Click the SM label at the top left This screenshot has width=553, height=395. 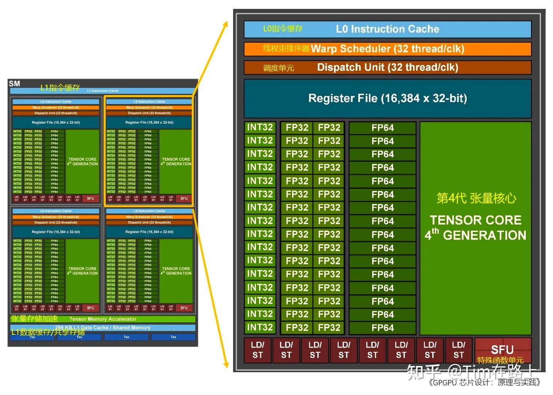click(14, 83)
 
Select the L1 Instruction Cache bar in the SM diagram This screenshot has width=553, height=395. click(103, 91)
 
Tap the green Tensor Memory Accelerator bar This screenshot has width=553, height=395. click(103, 319)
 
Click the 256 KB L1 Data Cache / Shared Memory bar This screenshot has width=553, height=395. click(103, 328)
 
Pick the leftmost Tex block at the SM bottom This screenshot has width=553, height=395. click(32, 337)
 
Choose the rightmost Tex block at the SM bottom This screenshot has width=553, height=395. click(173, 337)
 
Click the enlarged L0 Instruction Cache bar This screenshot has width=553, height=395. click(387, 29)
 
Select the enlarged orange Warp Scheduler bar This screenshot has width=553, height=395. click(387, 49)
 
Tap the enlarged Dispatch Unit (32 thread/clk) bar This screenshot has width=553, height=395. click(387, 68)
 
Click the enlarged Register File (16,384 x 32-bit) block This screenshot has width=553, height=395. click(387, 99)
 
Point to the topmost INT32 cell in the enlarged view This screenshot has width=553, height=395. click(260, 128)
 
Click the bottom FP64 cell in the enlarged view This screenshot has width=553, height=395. click(382, 328)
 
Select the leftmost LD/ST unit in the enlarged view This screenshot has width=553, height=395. click(257, 350)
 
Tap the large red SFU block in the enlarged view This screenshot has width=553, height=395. click(502, 349)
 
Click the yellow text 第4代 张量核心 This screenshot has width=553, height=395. click(476, 198)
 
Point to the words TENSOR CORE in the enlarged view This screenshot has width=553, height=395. click(476, 220)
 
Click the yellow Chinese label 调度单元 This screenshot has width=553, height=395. click(279, 68)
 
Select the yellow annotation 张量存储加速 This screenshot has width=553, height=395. click(34, 319)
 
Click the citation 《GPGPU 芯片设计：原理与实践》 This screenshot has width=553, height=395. click(485, 383)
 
